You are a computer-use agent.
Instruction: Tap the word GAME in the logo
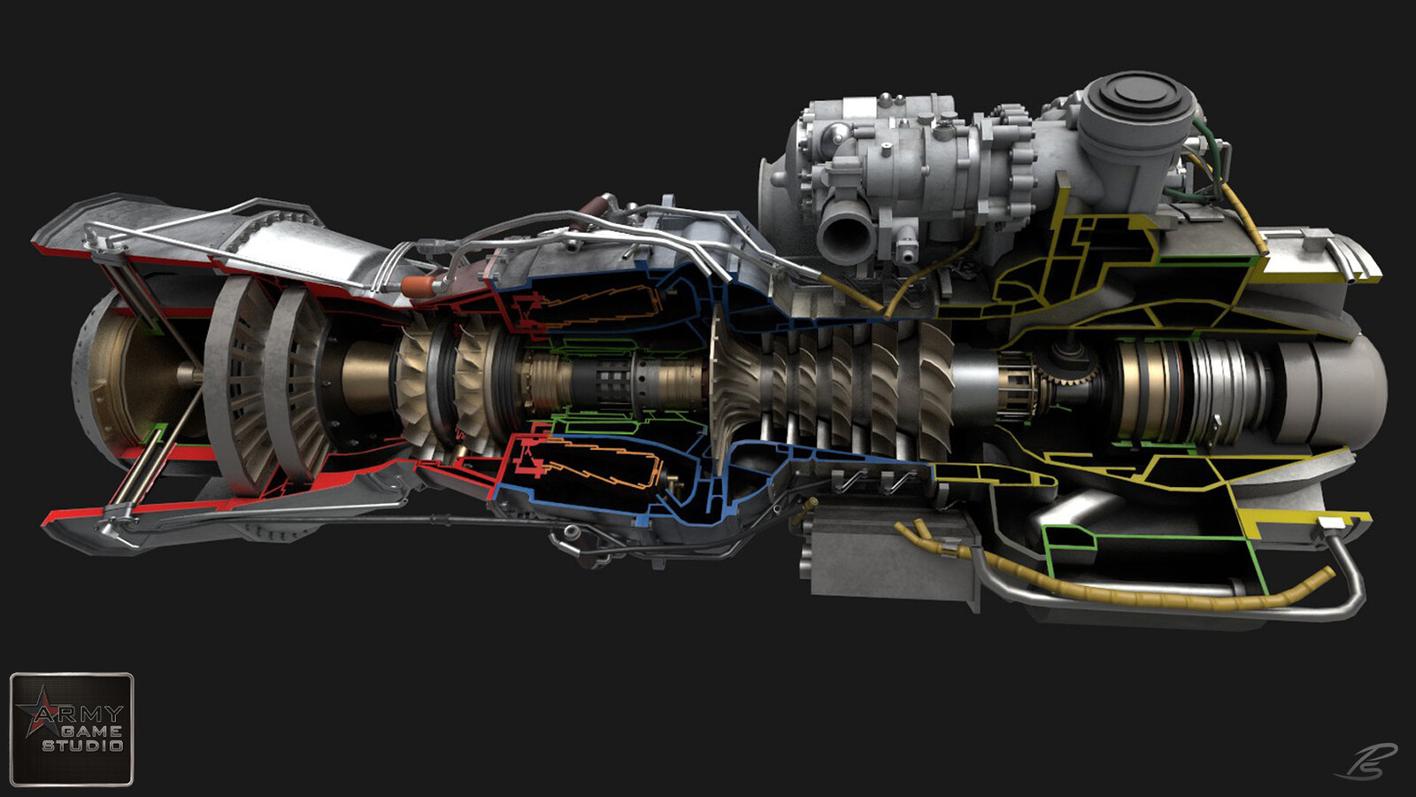[x=91, y=731]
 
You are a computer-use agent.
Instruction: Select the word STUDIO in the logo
[x=82, y=746]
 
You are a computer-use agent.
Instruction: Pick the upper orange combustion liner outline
[x=602, y=306]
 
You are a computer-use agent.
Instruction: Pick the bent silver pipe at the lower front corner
[x=1345, y=576]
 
